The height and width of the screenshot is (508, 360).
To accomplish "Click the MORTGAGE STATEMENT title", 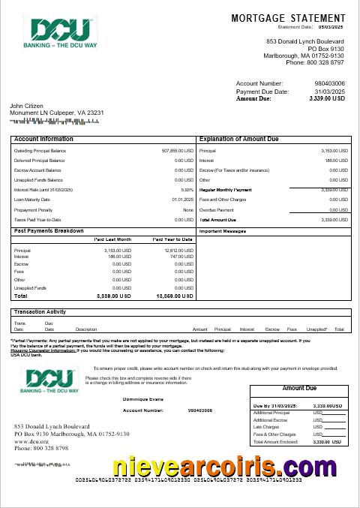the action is pos(289,17).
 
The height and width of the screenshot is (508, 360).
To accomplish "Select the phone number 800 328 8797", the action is pos(326,62).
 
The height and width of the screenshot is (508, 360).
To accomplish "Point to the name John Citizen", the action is pos(27,107).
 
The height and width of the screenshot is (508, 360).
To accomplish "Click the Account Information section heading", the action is pos(43,139).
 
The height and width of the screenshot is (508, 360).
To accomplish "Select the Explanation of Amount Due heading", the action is pos(238,139).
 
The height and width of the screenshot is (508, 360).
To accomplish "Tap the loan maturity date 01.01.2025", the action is pos(183,200).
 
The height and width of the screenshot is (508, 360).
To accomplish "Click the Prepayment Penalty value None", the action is pos(187,210).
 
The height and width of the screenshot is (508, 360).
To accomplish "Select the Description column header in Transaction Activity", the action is pos(86,329).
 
